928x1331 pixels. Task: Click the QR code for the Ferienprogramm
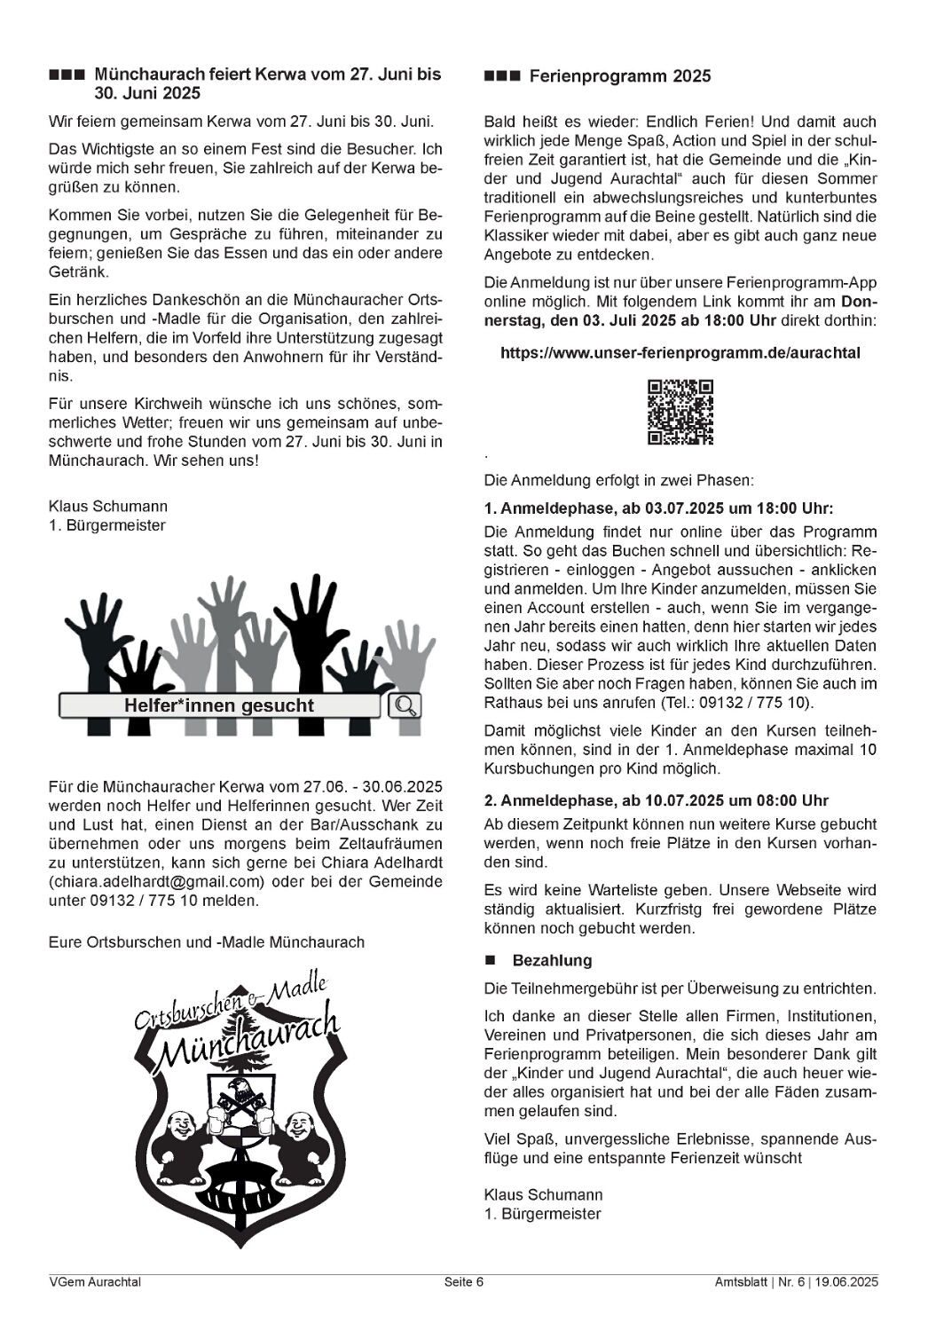(x=680, y=412)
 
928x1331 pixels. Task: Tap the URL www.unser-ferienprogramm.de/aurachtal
(x=680, y=352)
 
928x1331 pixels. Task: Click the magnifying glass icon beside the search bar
(x=405, y=705)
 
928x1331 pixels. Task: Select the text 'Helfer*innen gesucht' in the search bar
(x=219, y=706)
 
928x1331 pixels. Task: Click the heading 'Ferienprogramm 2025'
(x=619, y=76)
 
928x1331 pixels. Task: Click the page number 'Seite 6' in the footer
(x=464, y=1281)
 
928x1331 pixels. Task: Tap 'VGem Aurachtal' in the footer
(x=95, y=1281)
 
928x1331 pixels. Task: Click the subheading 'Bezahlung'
(x=552, y=960)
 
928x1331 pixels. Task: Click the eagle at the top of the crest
(x=239, y=1092)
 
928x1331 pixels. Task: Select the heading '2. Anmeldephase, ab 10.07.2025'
(x=657, y=799)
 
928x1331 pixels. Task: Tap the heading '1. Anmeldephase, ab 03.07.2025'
(x=658, y=509)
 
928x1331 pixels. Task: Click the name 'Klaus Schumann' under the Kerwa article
(x=108, y=506)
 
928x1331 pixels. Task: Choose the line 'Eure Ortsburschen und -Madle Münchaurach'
(x=207, y=941)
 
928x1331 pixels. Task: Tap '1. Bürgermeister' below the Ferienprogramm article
(x=542, y=1213)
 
